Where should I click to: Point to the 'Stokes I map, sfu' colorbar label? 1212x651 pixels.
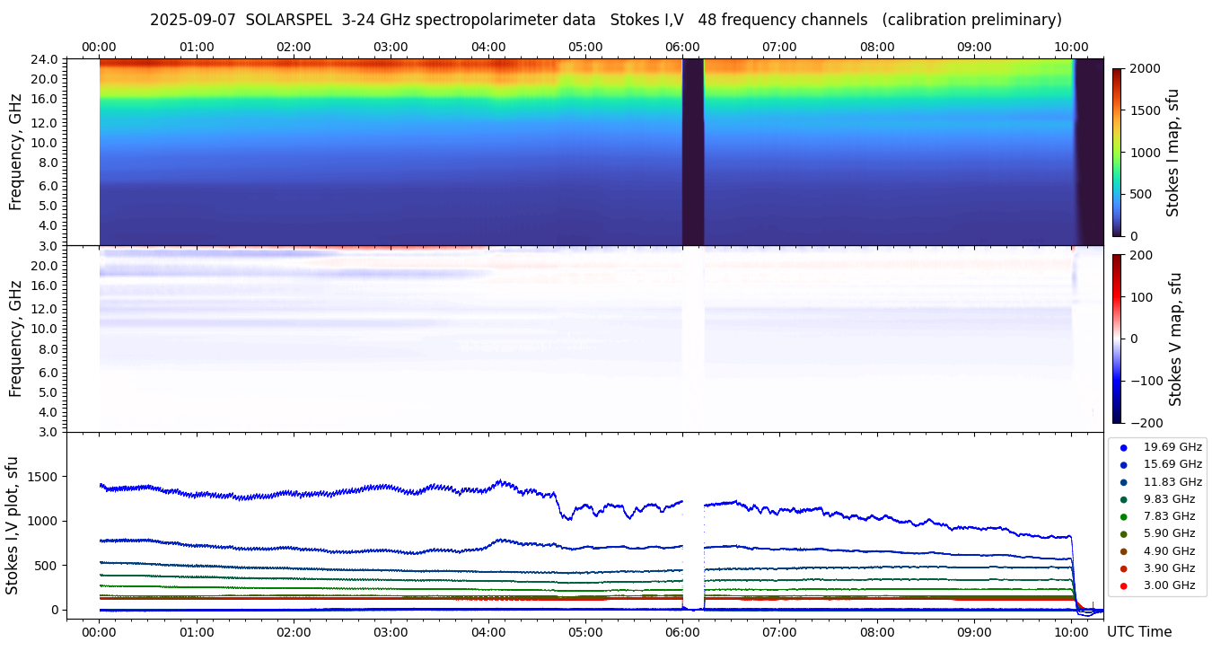tap(1172, 153)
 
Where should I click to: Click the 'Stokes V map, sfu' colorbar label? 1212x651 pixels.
tap(1175, 339)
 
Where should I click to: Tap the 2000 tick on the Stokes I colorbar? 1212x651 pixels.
tap(1145, 69)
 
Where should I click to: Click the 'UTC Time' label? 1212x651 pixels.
tap(1139, 631)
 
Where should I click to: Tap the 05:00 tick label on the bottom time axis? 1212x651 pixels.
tap(585, 631)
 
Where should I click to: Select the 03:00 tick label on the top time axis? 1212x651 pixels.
tap(391, 47)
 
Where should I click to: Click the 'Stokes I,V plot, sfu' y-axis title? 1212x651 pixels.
tap(13, 525)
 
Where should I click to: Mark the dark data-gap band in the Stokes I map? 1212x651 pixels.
tap(692, 153)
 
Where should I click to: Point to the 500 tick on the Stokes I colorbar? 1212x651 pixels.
tap(1141, 194)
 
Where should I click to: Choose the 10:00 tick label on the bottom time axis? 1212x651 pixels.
tap(1071, 631)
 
